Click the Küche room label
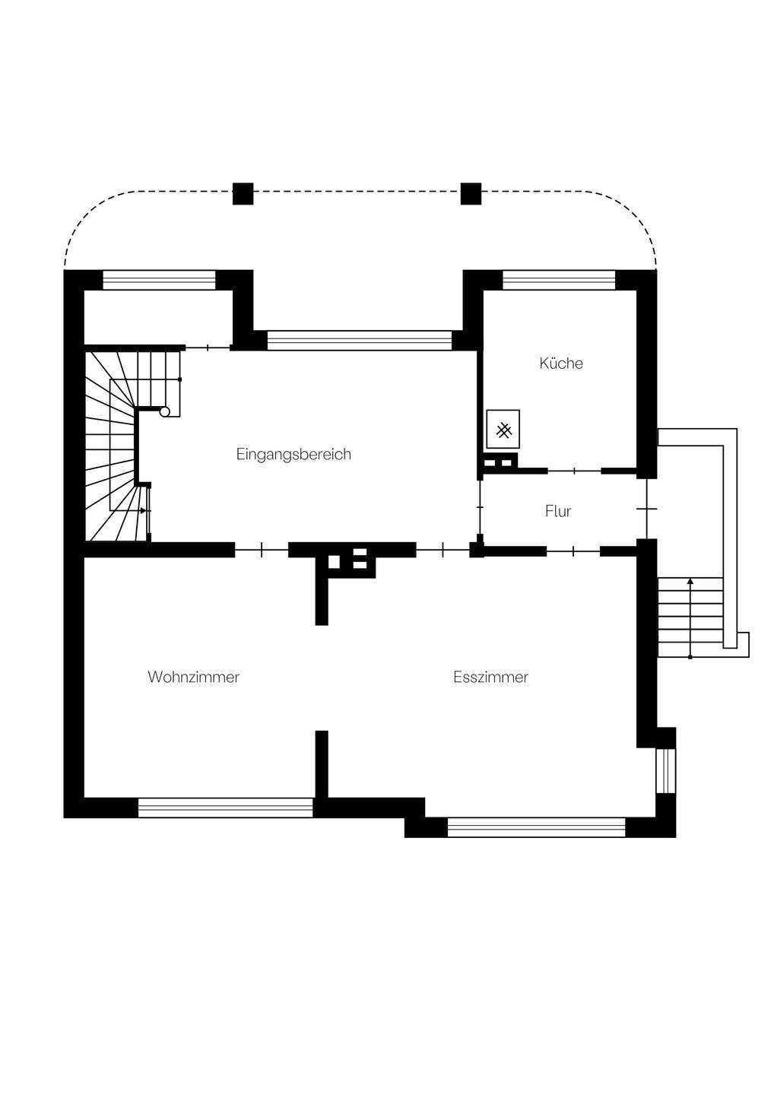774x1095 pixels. (561, 363)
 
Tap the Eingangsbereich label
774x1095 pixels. (293, 455)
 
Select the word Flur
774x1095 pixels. (558, 511)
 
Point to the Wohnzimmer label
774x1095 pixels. (193, 677)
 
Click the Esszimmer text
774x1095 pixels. (490, 677)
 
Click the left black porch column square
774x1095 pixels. (243, 194)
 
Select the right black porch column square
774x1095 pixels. (471, 194)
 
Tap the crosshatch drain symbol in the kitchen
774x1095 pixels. (504, 431)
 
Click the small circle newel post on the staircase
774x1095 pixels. (165, 411)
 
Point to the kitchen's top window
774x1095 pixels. (559, 280)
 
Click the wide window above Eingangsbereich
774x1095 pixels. (360, 341)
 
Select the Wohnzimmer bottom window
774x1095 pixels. (226, 808)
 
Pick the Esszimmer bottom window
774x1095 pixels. (537, 827)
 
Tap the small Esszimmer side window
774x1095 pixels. (665, 771)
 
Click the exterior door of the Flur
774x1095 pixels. (647, 509)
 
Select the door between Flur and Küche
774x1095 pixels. (574, 471)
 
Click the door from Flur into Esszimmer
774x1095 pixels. (573, 551)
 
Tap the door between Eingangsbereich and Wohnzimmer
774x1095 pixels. (262, 551)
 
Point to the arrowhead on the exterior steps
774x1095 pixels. (690, 581)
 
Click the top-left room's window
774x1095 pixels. (160, 280)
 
